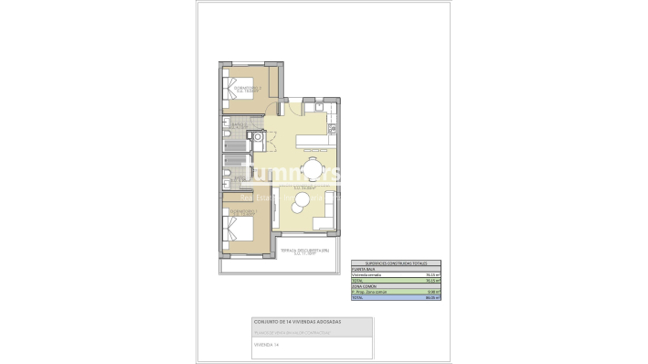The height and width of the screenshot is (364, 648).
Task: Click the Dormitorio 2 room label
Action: click(247, 90)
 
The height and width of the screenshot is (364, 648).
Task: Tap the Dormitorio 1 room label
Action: click(243, 213)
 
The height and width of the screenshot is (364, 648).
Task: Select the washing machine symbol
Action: click(259, 138)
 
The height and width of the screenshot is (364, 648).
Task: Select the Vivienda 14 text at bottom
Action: click(266, 346)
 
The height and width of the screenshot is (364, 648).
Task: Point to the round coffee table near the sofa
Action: click(299, 209)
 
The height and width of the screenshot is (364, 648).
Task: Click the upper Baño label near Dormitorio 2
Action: click(237, 125)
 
